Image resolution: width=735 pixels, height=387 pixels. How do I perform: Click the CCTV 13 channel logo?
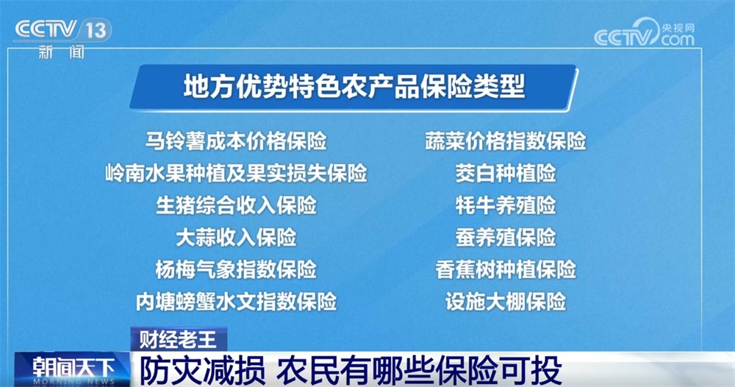tap(63, 29)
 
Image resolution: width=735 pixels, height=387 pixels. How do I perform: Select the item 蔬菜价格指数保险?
tap(506, 141)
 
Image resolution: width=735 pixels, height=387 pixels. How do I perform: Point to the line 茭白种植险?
tap(506, 174)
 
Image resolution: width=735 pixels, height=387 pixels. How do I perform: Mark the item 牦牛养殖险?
tap(506, 205)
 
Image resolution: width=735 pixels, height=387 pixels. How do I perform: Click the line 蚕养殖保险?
tap(506, 237)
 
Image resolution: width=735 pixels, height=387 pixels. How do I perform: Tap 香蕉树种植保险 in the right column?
tap(506, 269)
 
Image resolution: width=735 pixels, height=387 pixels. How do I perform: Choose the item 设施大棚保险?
tap(506, 301)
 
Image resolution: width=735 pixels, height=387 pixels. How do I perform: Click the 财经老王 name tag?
tap(179, 339)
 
